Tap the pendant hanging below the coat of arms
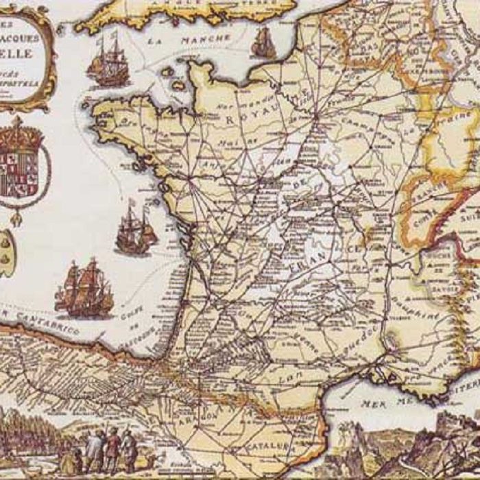pos(15,218)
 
